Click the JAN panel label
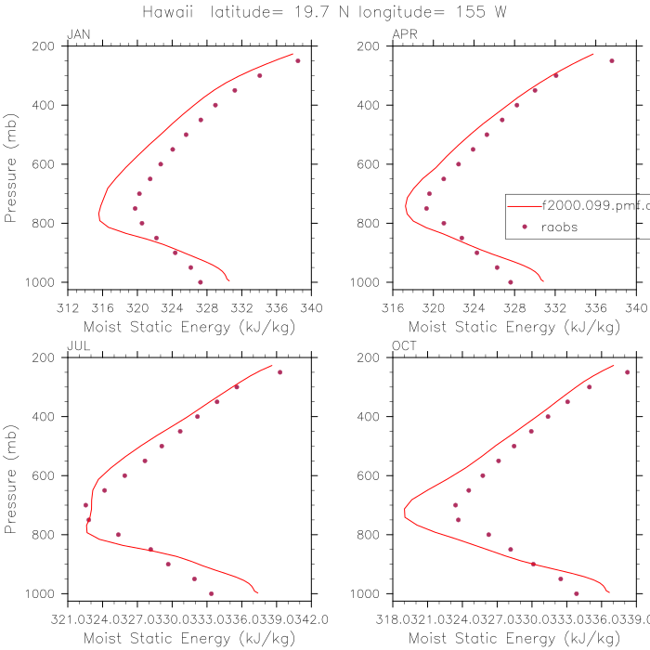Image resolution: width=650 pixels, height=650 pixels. click(x=79, y=34)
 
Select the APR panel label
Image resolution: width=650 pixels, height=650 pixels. click(x=405, y=34)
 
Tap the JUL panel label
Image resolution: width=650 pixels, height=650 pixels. click(x=79, y=346)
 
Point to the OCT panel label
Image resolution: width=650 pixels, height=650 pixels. click(x=405, y=346)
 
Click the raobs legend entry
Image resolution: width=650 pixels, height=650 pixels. click(x=561, y=227)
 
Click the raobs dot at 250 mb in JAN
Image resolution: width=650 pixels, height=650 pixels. click(x=298, y=60)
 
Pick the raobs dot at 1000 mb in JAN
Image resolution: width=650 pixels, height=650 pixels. click(x=201, y=282)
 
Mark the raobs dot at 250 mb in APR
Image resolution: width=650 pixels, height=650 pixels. click(x=612, y=60)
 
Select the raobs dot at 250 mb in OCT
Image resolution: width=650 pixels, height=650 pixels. click(x=627, y=372)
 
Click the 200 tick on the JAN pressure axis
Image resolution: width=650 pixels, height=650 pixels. click(x=47, y=46)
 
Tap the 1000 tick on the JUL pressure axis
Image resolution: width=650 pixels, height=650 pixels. click(x=44, y=593)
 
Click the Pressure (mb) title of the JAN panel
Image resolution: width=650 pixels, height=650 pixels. click(x=11, y=164)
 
